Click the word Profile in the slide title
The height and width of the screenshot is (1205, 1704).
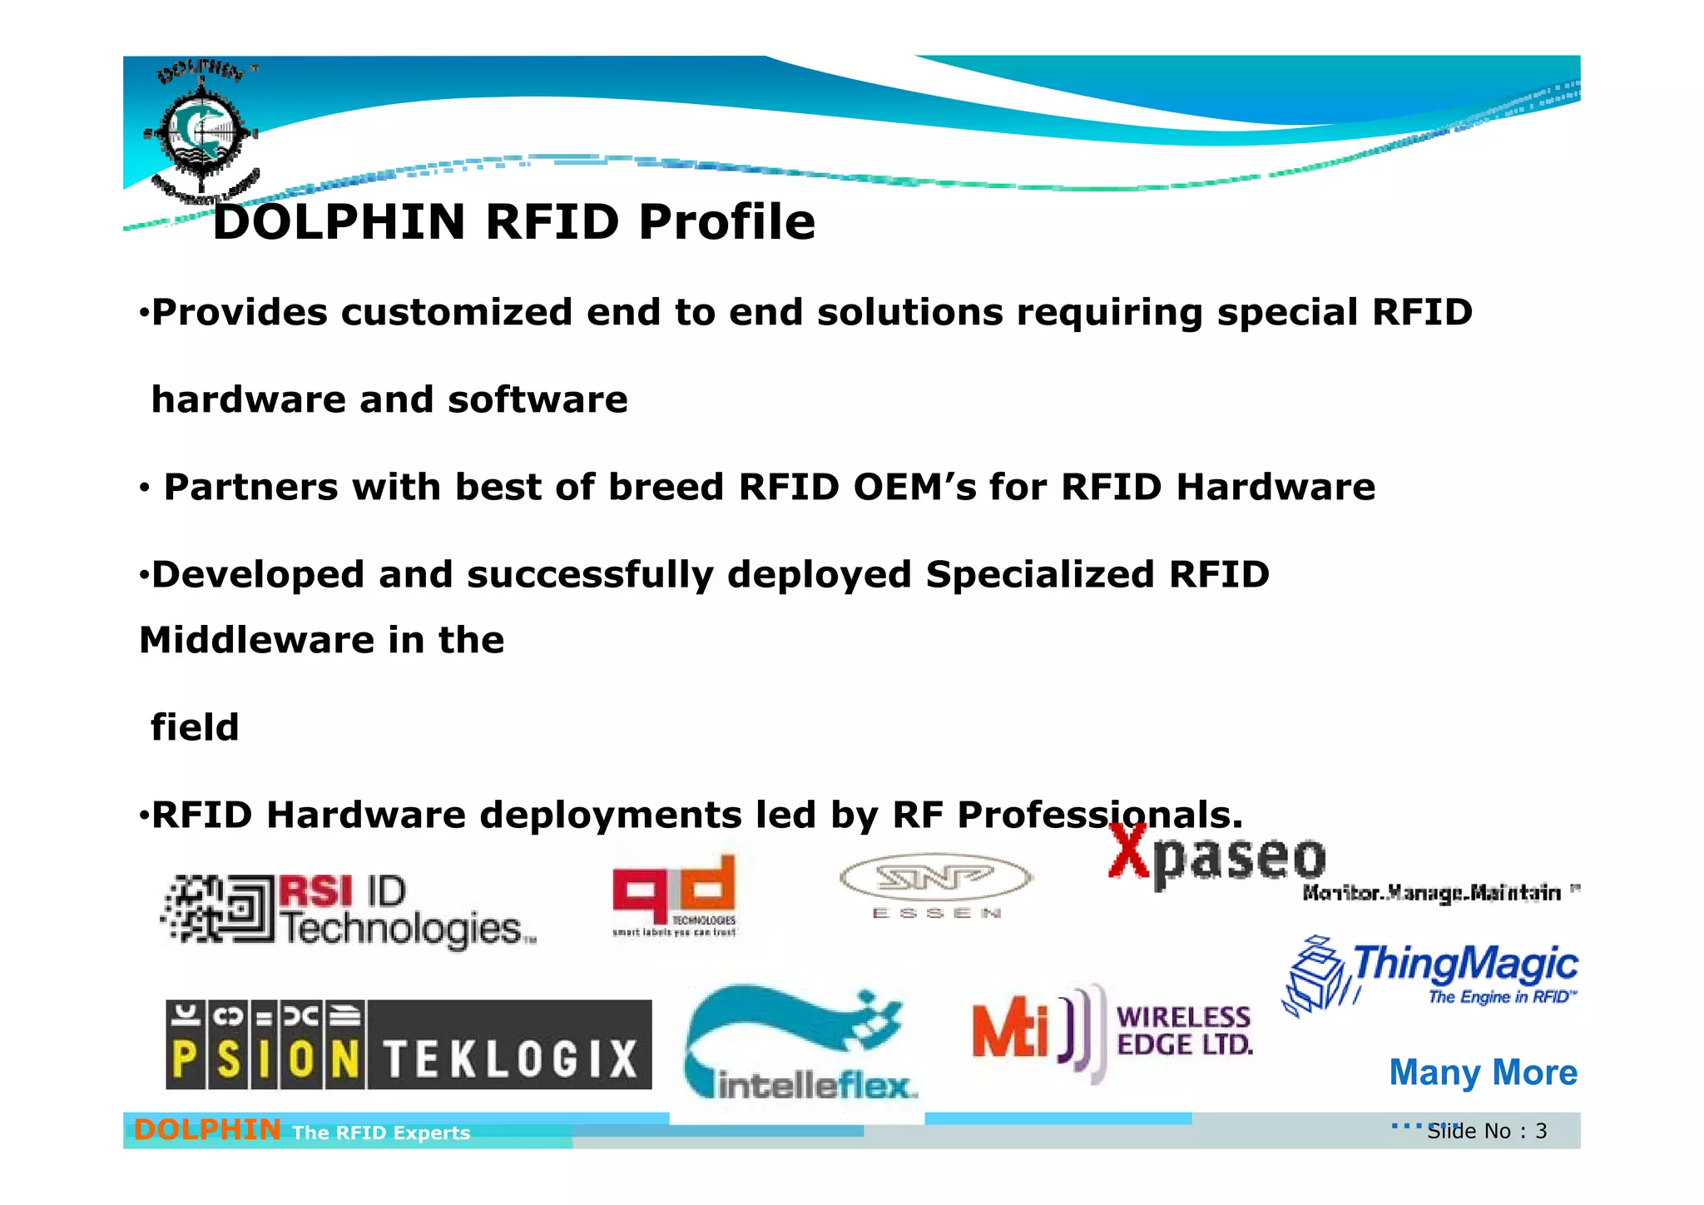(x=726, y=222)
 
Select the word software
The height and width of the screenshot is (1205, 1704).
(x=537, y=400)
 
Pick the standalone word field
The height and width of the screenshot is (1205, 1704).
(x=195, y=728)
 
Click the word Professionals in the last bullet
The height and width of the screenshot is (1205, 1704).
(x=1100, y=815)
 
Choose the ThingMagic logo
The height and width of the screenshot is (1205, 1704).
(x=1431, y=974)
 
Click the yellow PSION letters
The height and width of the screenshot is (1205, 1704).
(x=265, y=1061)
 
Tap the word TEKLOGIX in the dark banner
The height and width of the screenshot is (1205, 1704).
(x=510, y=1060)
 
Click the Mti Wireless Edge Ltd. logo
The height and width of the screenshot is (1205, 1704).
(x=1112, y=1032)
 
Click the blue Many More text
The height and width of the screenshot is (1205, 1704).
(x=1483, y=1073)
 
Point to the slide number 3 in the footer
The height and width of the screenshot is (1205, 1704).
(x=1541, y=1132)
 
